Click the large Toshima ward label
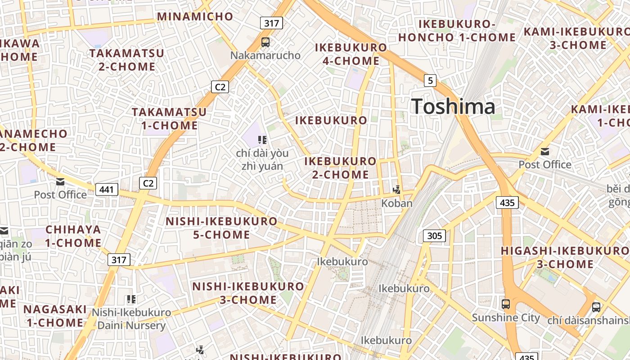[453, 107]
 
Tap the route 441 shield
[107, 189]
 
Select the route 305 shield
[434, 236]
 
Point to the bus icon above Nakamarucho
[265, 43]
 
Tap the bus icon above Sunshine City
[506, 304]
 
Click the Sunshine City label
[506, 318]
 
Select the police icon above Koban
[396, 190]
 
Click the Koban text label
[396, 203]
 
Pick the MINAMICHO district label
[195, 17]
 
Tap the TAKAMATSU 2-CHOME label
[126, 60]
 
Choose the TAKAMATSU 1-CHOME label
[169, 118]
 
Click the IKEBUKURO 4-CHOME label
[351, 54]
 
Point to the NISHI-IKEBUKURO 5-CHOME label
[221, 228]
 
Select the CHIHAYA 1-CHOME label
[73, 236]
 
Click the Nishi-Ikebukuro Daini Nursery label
[131, 319]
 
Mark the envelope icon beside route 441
[60, 182]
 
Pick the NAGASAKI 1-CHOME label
[55, 316]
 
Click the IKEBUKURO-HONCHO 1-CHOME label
[457, 31]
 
